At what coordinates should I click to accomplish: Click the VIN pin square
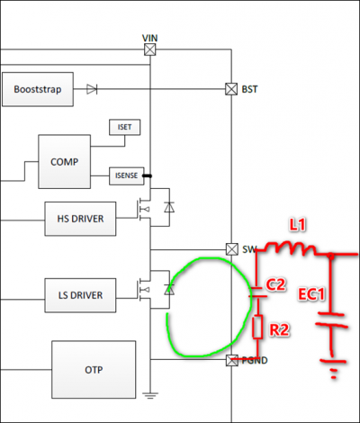click(x=150, y=49)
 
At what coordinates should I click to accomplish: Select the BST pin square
click(x=231, y=89)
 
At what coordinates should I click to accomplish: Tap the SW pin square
click(x=231, y=249)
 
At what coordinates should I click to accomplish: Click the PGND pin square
click(x=232, y=360)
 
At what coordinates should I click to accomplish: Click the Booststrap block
click(x=38, y=89)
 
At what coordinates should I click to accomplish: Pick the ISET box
click(x=124, y=127)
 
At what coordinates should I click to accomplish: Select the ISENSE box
click(x=126, y=175)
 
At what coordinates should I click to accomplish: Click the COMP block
click(x=65, y=162)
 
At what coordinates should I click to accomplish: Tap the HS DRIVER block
click(x=80, y=219)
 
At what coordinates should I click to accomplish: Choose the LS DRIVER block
click(x=80, y=295)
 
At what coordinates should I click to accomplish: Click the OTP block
click(x=94, y=370)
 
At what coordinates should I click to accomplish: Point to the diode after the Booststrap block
click(x=92, y=89)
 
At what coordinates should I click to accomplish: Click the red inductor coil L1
click(x=291, y=248)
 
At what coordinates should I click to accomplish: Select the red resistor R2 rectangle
click(x=257, y=327)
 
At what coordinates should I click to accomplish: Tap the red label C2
click(x=276, y=284)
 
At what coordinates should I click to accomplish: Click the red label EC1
click(x=311, y=294)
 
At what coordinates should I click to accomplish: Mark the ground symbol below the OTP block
click(x=150, y=395)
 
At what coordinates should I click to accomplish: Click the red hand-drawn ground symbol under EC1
click(x=333, y=368)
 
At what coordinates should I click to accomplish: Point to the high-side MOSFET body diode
click(x=169, y=207)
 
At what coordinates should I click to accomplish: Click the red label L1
click(x=297, y=225)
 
